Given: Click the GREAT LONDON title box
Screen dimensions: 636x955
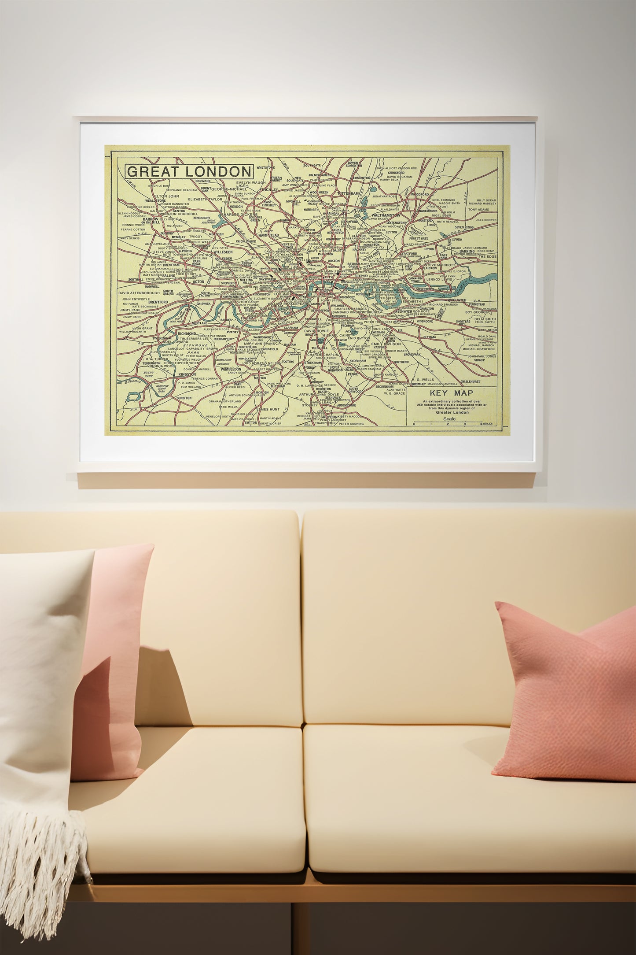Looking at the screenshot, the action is [189, 171].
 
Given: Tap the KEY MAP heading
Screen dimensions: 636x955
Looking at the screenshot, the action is [452, 393].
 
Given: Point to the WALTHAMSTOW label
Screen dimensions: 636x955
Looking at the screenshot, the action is [386, 215].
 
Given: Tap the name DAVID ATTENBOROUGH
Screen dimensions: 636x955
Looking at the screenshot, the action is [139, 292].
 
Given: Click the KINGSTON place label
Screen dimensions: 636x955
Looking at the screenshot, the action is [187, 374].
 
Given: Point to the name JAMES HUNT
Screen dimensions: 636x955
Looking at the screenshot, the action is [268, 409].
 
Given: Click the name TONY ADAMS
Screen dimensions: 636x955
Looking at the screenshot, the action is [478, 209].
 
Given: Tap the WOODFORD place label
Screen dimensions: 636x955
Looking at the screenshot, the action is [419, 194].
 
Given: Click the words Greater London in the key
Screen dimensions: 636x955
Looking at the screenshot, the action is [452, 413].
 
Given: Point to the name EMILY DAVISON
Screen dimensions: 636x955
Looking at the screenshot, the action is [386, 344].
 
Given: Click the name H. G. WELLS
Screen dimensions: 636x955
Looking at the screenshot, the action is [423, 379].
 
